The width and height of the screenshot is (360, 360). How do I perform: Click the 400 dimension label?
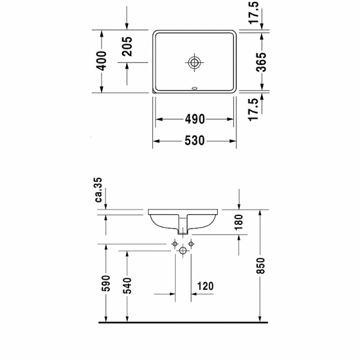[x=103, y=61]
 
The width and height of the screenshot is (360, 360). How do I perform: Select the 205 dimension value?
[x=127, y=46]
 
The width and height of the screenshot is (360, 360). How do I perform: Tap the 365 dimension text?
[x=260, y=61]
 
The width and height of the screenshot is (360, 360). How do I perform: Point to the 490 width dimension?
[x=194, y=119]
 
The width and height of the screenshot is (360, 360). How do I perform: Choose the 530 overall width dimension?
[x=194, y=141]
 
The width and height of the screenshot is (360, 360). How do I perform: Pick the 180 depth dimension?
[x=239, y=222]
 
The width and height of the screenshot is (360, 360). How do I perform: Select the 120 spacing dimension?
[x=205, y=287]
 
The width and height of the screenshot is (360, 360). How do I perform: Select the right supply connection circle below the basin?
[x=191, y=244]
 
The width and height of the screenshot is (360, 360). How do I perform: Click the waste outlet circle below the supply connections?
[x=183, y=251]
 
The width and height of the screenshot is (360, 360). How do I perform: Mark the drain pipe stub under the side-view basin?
[x=183, y=227]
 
